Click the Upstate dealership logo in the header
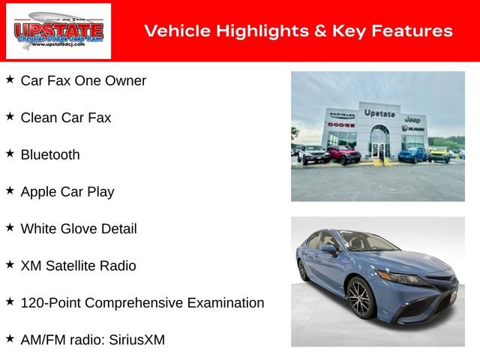click(58, 31)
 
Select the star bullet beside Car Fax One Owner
click(10, 79)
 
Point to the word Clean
click(39, 118)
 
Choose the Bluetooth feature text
click(50, 154)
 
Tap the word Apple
click(40, 192)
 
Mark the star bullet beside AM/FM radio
click(10, 339)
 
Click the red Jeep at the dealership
click(343, 155)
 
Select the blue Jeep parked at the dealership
click(412, 154)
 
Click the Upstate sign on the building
click(379, 113)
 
